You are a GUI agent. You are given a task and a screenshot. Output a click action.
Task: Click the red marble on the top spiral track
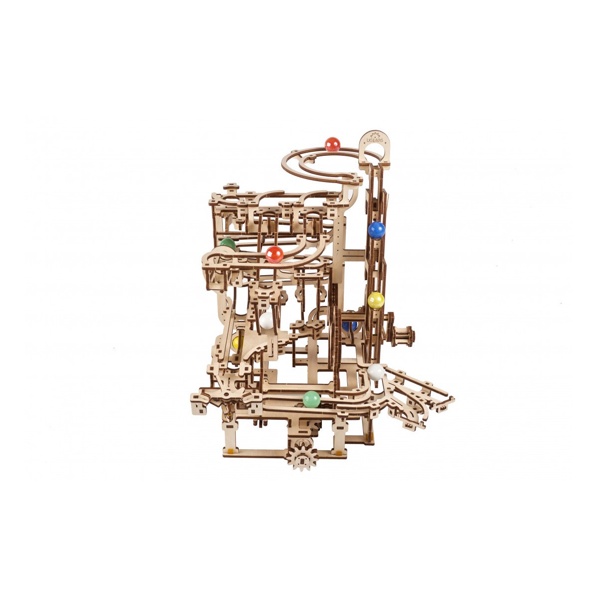pyautogui.click(x=332, y=144)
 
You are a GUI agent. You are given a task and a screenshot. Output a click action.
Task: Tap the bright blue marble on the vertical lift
pyautogui.click(x=377, y=230)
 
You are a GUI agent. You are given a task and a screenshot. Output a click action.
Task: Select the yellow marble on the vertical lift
pyautogui.click(x=376, y=300)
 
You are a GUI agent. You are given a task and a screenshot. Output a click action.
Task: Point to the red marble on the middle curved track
pyautogui.click(x=274, y=254)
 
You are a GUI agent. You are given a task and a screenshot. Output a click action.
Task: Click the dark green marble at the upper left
pyautogui.click(x=227, y=244)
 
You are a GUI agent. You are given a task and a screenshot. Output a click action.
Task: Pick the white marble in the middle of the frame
pyautogui.click(x=267, y=320)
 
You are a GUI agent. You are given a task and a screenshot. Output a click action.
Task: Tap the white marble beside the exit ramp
pyautogui.click(x=376, y=372)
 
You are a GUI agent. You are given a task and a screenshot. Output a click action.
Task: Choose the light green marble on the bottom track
pyautogui.click(x=311, y=399)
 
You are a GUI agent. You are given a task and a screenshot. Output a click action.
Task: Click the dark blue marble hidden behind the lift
pyautogui.click(x=349, y=326)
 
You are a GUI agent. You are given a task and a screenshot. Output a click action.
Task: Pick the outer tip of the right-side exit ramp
pyautogui.click(x=451, y=398)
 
